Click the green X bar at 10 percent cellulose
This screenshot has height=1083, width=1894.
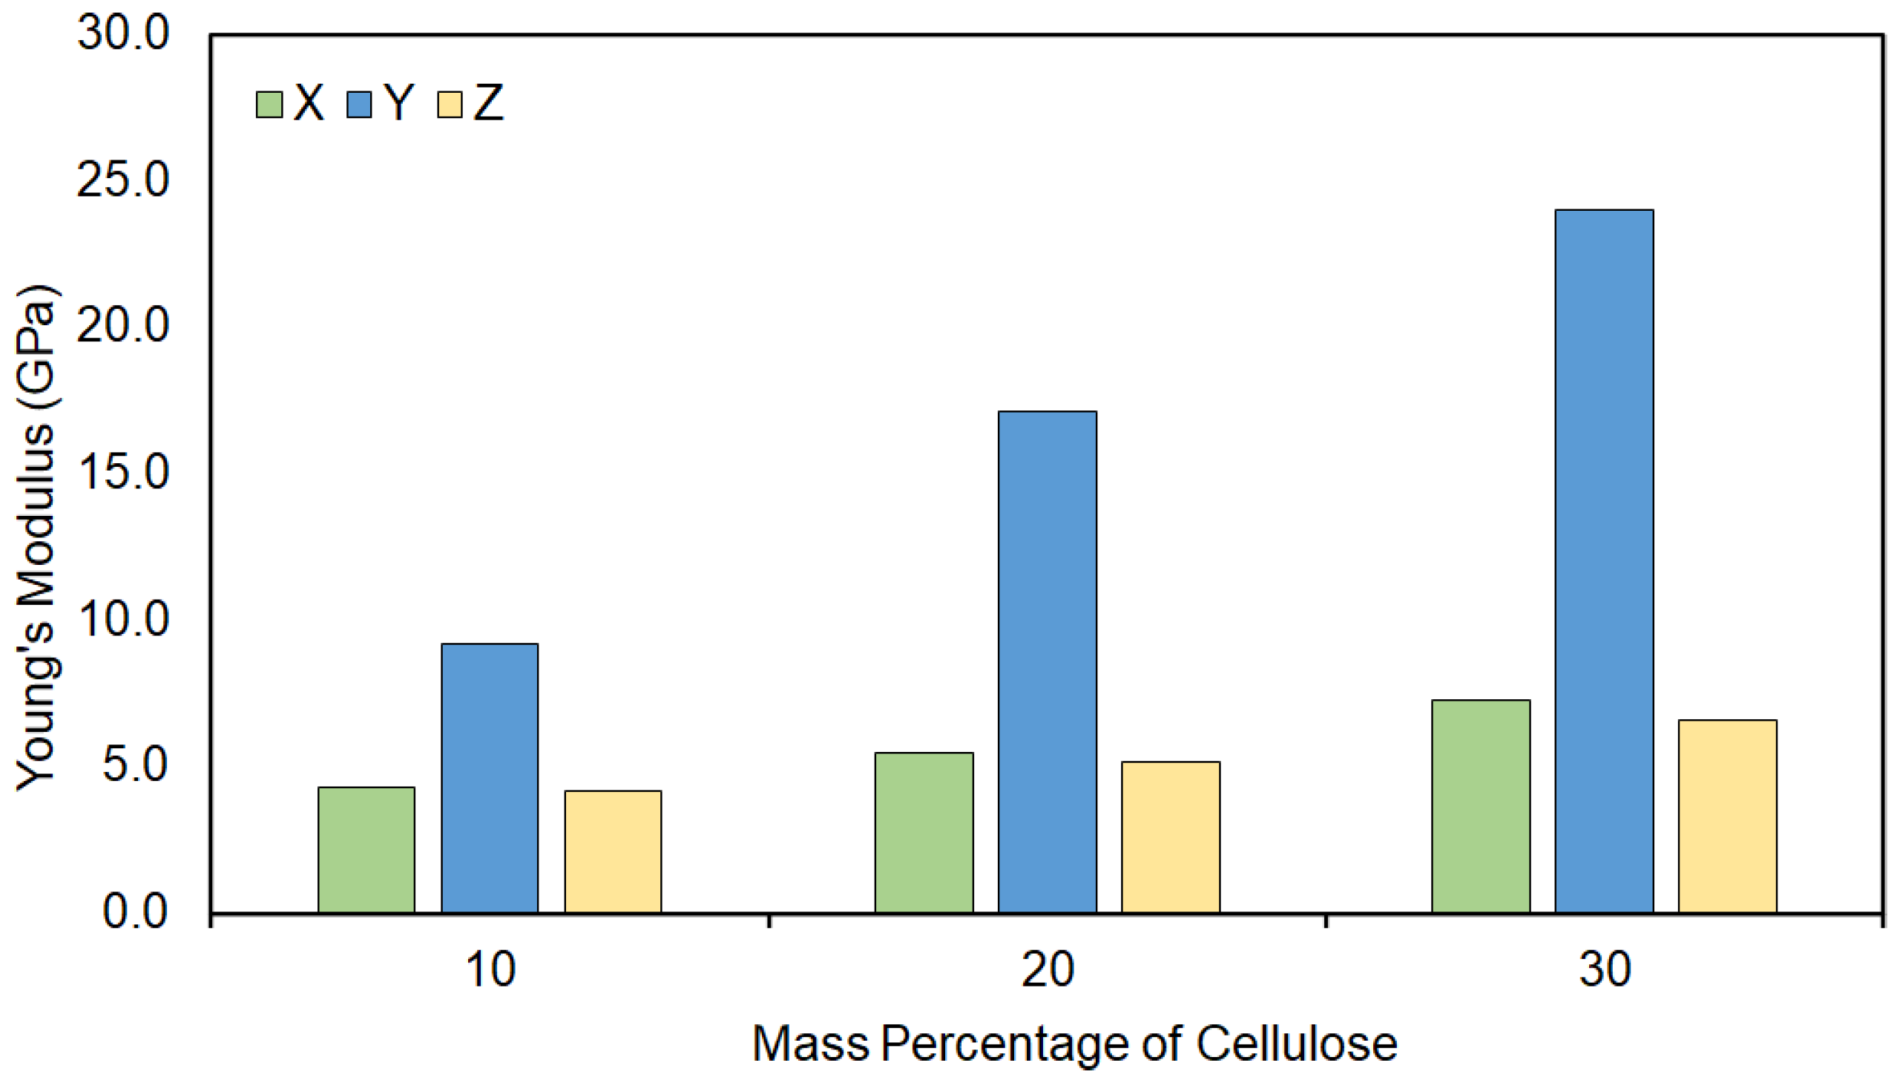[366, 850]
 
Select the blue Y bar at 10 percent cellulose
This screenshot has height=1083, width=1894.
[490, 779]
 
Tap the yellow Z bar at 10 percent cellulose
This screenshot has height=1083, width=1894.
[614, 852]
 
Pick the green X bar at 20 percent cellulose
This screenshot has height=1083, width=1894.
[924, 833]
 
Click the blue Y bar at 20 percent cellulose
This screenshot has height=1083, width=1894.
[1048, 662]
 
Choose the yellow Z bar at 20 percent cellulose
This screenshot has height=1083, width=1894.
[1171, 837]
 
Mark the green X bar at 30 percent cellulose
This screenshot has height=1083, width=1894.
[1481, 807]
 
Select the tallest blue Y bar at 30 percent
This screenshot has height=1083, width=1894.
[1604, 562]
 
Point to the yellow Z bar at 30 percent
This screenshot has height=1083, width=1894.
[1728, 817]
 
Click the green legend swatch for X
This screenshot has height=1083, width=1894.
[269, 105]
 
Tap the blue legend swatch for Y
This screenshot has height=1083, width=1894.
[359, 105]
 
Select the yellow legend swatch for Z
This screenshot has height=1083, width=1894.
[450, 105]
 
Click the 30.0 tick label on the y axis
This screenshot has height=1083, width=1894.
[123, 33]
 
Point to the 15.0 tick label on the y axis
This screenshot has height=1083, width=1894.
[123, 472]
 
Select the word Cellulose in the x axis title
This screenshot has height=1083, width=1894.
[1296, 1044]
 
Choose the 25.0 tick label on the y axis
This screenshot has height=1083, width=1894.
[123, 180]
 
